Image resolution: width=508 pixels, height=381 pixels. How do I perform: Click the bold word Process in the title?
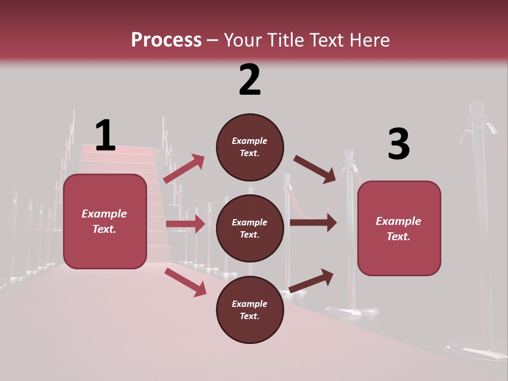coord(166,40)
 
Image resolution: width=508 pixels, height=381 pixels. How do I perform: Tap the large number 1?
coord(105,135)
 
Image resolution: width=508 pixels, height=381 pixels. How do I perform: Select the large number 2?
coord(250,80)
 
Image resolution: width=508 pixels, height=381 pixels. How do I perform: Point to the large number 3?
coord(398,144)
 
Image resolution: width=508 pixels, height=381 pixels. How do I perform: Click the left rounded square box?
coord(105,221)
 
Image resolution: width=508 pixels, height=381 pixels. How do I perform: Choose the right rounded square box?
coord(399,228)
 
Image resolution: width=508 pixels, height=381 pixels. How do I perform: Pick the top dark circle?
coord(250,147)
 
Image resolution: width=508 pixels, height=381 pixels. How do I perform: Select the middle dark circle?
coord(250,229)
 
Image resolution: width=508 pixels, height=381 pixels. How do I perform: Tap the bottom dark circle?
coord(250,310)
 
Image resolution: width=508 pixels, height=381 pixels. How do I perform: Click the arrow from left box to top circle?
coord(184,169)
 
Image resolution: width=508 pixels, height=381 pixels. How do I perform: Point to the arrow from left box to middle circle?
coord(185,224)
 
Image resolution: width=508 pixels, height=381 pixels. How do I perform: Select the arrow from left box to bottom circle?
coord(185,282)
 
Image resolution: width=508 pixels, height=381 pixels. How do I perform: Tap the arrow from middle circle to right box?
coord(313,223)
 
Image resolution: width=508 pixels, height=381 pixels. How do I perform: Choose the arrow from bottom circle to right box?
coord(311,280)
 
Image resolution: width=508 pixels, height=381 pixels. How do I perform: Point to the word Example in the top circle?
coord(250,141)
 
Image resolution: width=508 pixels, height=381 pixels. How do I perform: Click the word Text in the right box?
coord(398,237)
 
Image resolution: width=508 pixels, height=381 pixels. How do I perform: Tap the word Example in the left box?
coord(104,214)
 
